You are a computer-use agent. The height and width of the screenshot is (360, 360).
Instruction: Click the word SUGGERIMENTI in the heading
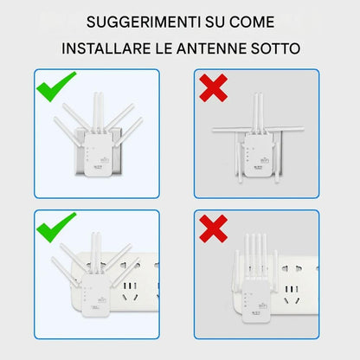(144, 22)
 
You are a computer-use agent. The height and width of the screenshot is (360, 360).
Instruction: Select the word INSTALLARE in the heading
(106, 48)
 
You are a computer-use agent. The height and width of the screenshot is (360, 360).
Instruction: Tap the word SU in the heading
(215, 22)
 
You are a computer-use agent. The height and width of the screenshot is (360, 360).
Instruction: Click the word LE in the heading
(164, 48)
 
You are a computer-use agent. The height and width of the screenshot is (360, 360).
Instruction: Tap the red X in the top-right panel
(214, 87)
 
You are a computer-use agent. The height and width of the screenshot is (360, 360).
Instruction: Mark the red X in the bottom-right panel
(214, 228)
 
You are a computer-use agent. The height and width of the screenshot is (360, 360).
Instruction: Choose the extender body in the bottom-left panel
(95, 295)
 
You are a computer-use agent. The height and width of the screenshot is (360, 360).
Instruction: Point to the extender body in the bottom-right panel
(256, 300)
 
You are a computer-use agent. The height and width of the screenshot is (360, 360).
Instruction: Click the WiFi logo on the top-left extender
(104, 159)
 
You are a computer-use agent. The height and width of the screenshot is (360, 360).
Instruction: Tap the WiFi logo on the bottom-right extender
(263, 305)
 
